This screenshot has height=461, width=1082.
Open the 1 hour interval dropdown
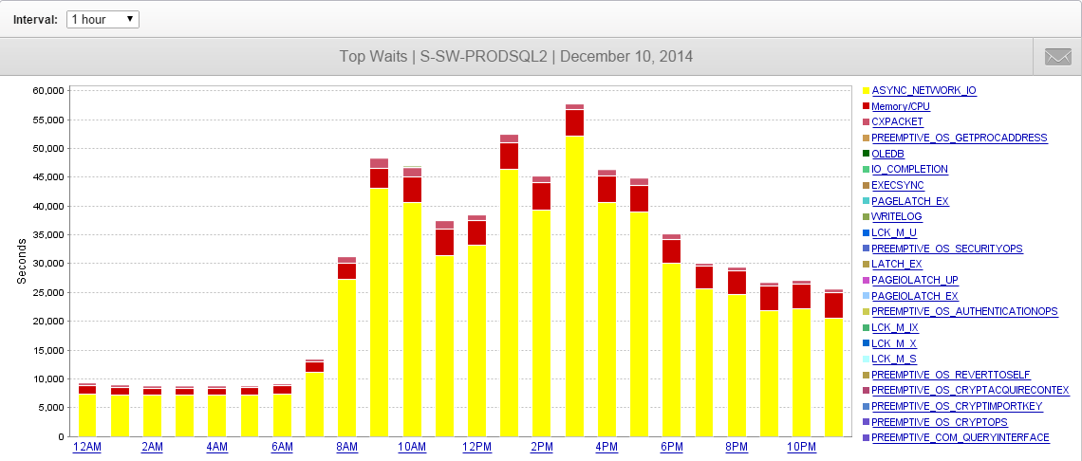click(x=103, y=19)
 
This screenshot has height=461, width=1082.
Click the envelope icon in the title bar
click(x=1057, y=56)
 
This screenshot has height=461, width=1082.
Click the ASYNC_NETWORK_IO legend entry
click(x=923, y=91)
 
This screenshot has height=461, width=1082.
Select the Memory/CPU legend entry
click(x=900, y=106)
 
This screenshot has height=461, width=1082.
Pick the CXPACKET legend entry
click(x=897, y=122)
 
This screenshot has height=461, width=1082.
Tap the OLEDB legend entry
click(x=888, y=154)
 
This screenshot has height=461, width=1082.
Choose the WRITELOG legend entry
click(x=896, y=217)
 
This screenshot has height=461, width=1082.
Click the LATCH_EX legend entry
click(x=896, y=265)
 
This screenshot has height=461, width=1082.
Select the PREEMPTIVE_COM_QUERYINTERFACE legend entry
click(x=960, y=438)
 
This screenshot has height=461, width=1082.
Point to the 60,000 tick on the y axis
click(x=47, y=91)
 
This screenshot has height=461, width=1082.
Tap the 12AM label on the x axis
click(x=86, y=448)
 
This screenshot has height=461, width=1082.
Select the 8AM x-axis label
click(x=346, y=448)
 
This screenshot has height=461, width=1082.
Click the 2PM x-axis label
click(x=541, y=448)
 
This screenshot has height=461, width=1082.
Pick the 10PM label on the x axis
click(x=801, y=448)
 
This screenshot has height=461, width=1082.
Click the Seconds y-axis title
click(x=22, y=260)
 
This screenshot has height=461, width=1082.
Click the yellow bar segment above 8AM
click(x=346, y=358)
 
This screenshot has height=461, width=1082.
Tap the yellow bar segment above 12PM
click(x=476, y=341)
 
